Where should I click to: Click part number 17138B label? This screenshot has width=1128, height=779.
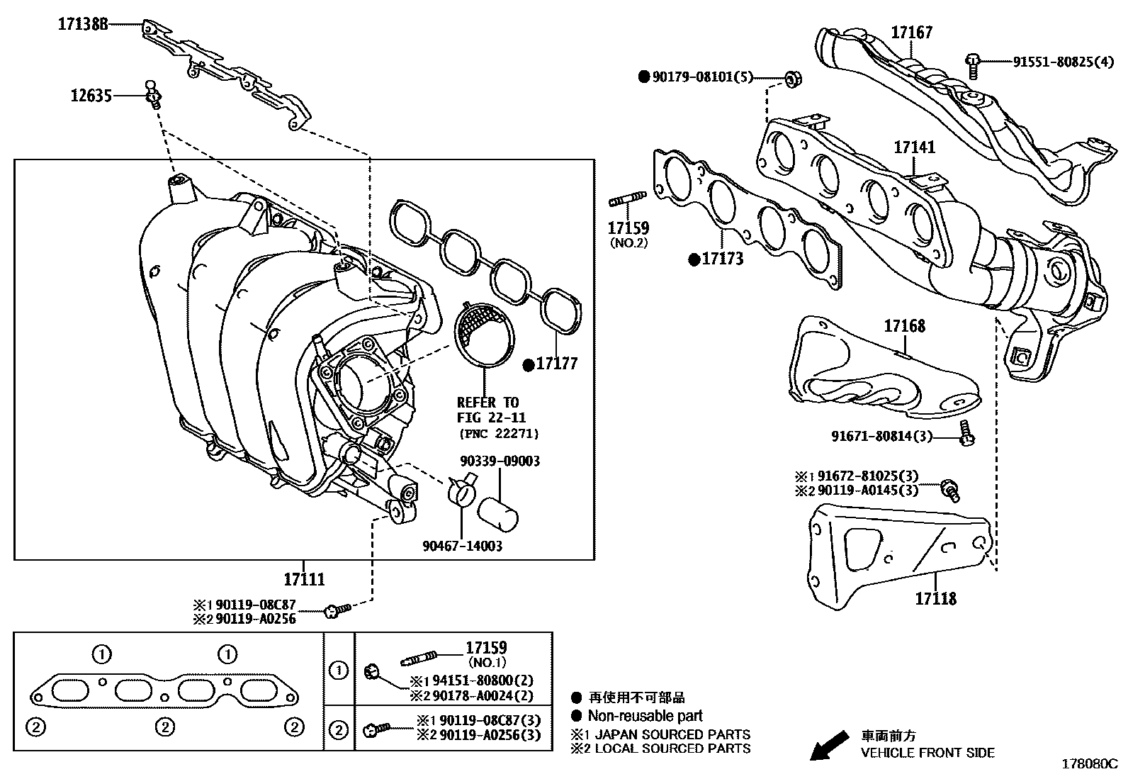(x=83, y=24)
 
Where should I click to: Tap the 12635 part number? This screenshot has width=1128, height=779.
(x=91, y=94)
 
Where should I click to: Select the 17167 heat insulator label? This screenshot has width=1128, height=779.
(x=911, y=32)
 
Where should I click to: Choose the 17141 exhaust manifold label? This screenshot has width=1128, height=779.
(x=914, y=147)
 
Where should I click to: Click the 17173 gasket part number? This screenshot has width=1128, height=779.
(x=722, y=259)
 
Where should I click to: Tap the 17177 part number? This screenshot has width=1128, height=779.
(x=556, y=364)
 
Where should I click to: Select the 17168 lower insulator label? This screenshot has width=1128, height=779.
(x=904, y=326)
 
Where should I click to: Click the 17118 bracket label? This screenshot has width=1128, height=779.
(x=935, y=599)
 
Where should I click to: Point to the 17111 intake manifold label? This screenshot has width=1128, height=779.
(x=304, y=579)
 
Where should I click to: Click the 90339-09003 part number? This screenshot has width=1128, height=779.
(x=500, y=461)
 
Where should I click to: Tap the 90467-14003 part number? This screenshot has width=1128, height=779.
(x=462, y=546)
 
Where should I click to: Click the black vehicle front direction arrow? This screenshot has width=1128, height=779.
(x=828, y=745)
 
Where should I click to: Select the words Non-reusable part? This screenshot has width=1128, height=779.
(x=645, y=716)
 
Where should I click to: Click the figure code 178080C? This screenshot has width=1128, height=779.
(x=1088, y=765)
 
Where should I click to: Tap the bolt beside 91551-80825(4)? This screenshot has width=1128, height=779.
(x=974, y=65)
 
